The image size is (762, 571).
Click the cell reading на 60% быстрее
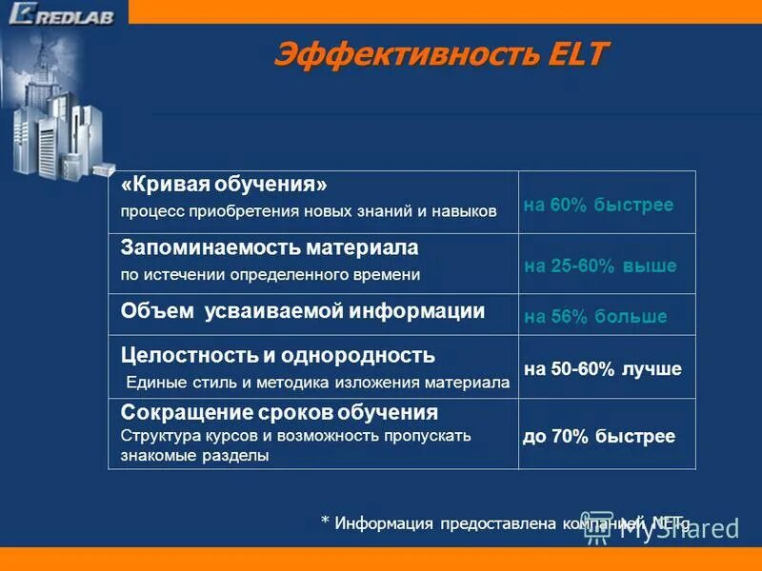pos(598,206)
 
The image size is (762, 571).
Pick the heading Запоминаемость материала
pos(270,247)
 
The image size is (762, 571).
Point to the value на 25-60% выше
pos(600,266)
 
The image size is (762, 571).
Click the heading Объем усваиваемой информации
pos(303,311)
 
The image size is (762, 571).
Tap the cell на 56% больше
pos(595,317)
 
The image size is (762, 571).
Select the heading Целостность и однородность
pos(277,356)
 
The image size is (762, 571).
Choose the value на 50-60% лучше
pos(603,369)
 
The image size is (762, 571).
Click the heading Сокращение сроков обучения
pos(279,413)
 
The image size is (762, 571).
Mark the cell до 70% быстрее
pos(599,437)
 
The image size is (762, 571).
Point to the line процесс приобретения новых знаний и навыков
pos(309,211)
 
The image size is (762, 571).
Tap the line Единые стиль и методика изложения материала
pos(318,384)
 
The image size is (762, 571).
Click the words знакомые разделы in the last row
pos(194,456)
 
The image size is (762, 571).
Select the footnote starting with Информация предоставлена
pos(505,522)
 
